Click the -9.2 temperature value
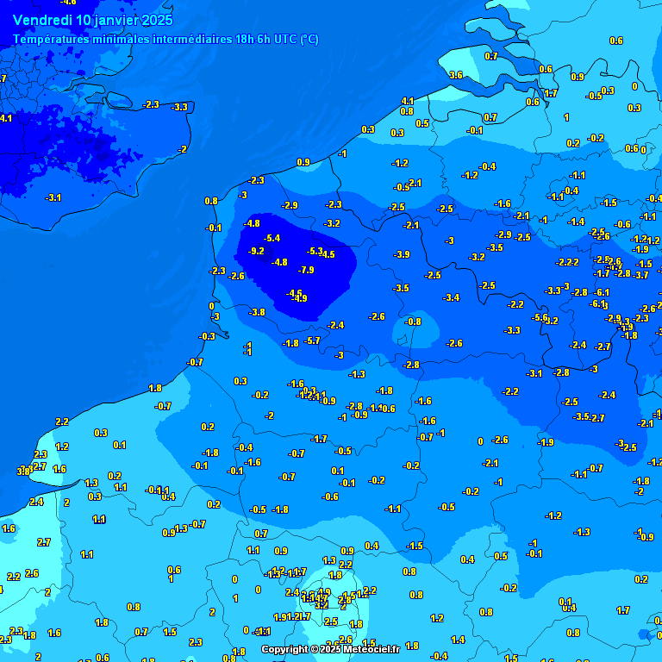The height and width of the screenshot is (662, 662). pyautogui.click(x=256, y=251)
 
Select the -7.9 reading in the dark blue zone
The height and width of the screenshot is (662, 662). pyautogui.click(x=306, y=271)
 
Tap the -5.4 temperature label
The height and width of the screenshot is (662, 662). pyautogui.click(x=272, y=238)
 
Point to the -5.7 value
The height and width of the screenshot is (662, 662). pyautogui.click(x=313, y=341)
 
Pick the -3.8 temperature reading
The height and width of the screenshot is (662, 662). pyautogui.click(x=257, y=312)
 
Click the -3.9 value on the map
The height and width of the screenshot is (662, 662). pyautogui.click(x=402, y=255)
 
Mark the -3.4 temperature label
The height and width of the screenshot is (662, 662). pyautogui.click(x=451, y=298)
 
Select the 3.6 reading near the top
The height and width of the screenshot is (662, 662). pyautogui.click(x=456, y=76)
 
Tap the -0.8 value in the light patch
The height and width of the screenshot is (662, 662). pyautogui.click(x=414, y=322)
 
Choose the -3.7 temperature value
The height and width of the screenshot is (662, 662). pyautogui.click(x=641, y=276)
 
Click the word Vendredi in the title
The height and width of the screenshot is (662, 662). pyautogui.click(x=42, y=20)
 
